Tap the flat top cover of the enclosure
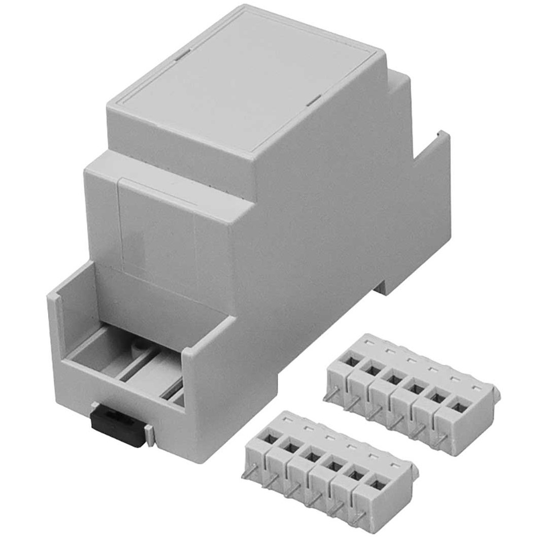[244, 81]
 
